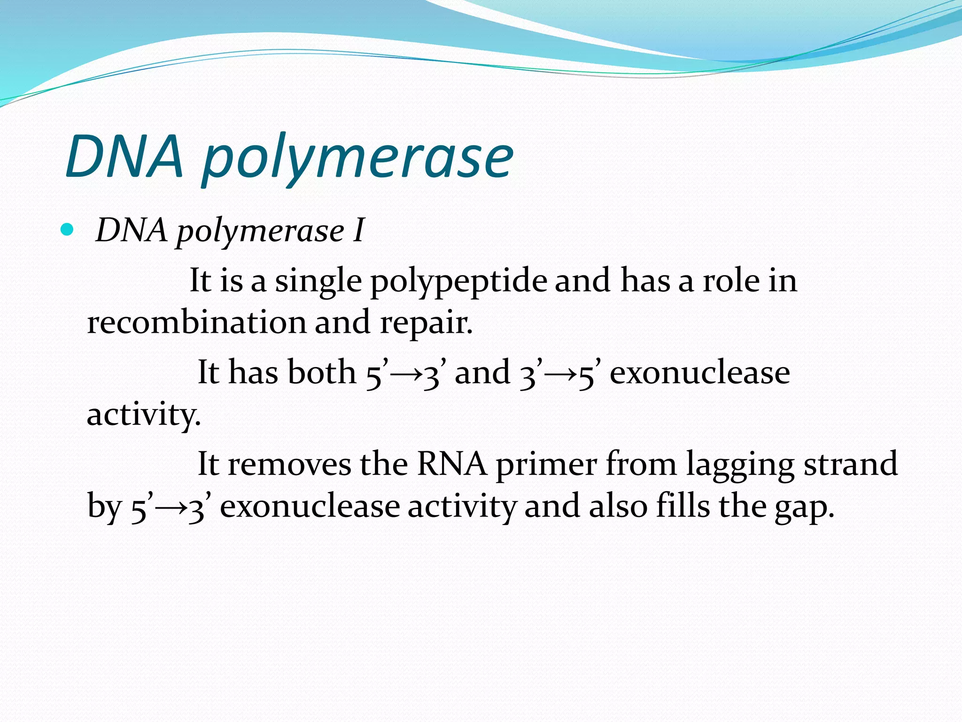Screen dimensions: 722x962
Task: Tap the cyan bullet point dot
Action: pos(68,230)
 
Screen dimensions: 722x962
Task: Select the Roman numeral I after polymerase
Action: pos(358,231)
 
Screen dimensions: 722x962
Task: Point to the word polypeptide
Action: pos(458,282)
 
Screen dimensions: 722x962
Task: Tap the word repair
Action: pos(426,324)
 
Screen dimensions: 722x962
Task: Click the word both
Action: pos(322,372)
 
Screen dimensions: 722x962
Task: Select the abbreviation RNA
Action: pos(452,464)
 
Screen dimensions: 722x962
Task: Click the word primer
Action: pos(547,465)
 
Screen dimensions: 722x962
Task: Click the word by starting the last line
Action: pos(104,508)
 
